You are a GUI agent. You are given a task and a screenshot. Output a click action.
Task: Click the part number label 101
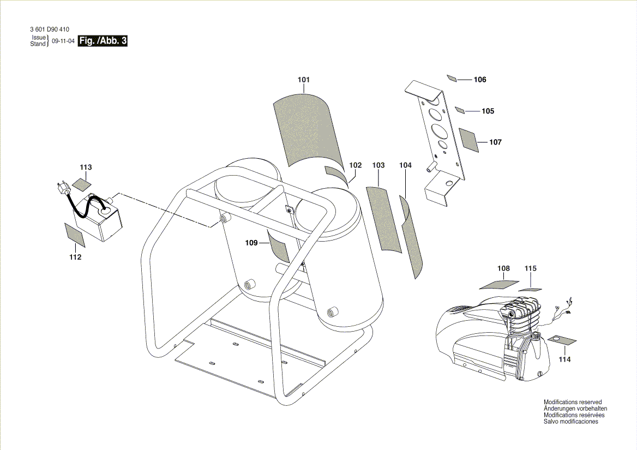pos(304,80)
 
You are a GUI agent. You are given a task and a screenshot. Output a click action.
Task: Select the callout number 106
pos(479,80)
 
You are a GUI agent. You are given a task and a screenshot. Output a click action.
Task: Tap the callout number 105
pos(488,111)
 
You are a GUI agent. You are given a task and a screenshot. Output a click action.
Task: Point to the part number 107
pos(495,142)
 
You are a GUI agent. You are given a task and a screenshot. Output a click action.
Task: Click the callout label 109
pos(251,243)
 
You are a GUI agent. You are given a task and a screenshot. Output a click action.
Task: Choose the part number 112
pos(75,257)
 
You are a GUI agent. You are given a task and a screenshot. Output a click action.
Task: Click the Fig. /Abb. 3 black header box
pos(103,41)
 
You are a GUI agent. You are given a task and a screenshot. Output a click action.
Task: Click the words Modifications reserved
pos(573,402)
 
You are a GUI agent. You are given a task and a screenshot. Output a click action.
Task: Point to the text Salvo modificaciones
pos(571,422)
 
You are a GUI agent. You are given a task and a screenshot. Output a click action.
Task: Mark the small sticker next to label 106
pos(452,78)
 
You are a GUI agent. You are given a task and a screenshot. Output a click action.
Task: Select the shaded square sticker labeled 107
pos(469,140)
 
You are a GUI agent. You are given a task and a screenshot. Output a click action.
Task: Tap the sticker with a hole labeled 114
pos(558,340)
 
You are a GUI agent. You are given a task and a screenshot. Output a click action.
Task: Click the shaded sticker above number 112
pos(75,235)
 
